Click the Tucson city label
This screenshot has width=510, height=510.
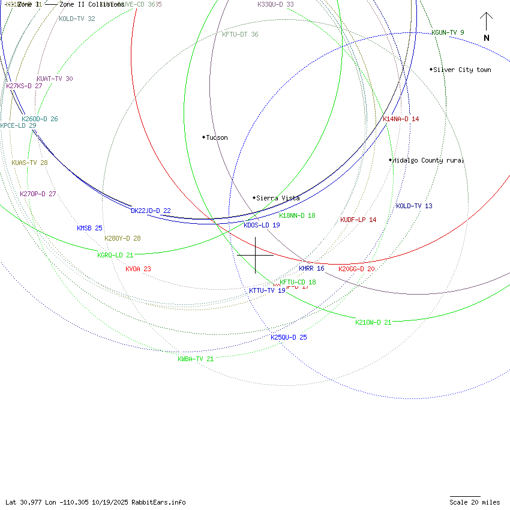click(217, 137)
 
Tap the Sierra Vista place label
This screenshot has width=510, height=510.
click(278, 198)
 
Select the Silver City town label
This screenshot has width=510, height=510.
click(462, 70)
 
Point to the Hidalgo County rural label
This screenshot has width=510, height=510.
click(428, 160)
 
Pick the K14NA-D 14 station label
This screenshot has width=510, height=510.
click(401, 119)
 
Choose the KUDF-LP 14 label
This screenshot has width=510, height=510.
click(358, 220)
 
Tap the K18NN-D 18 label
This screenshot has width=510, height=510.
click(297, 215)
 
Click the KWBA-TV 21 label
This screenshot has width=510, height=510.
click(196, 359)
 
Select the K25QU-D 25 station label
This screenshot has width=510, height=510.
click(289, 337)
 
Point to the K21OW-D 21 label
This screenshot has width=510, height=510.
click(373, 322)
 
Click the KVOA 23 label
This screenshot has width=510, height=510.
click(138, 269)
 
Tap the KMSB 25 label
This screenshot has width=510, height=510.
click(89, 228)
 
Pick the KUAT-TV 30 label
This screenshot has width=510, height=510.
click(55, 79)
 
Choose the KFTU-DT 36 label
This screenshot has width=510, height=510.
click(240, 34)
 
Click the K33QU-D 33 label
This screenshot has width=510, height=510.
click(275, 4)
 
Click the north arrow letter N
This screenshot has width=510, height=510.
click(487, 38)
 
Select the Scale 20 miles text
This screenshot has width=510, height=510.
click(475, 502)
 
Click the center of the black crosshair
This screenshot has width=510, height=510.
click(256, 255)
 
